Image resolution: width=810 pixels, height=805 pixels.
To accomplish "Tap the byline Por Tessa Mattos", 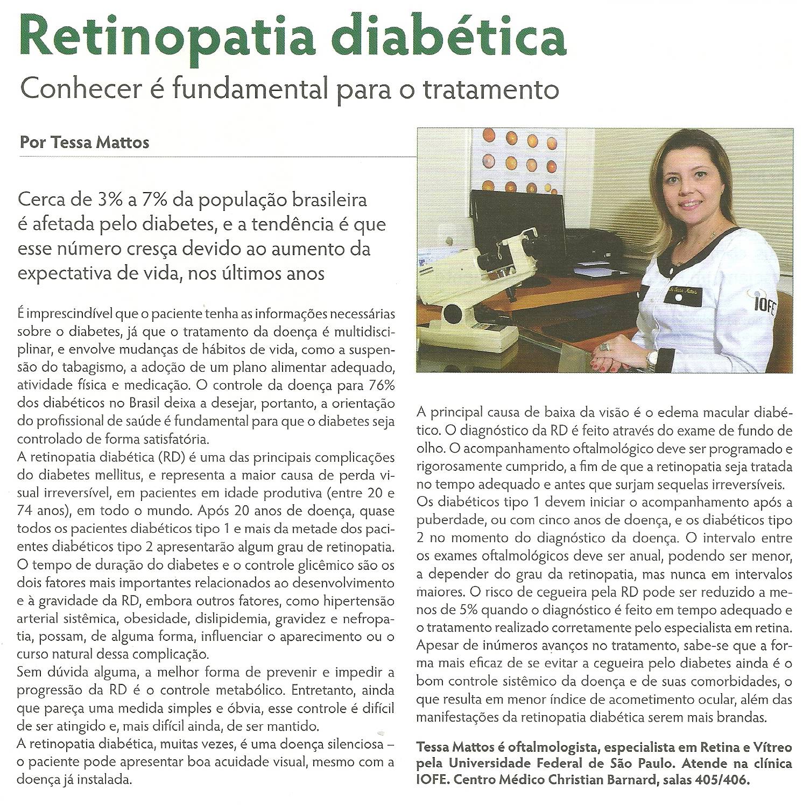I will pos(84,143).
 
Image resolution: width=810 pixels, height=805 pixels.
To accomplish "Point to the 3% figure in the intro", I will pos(114,200).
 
